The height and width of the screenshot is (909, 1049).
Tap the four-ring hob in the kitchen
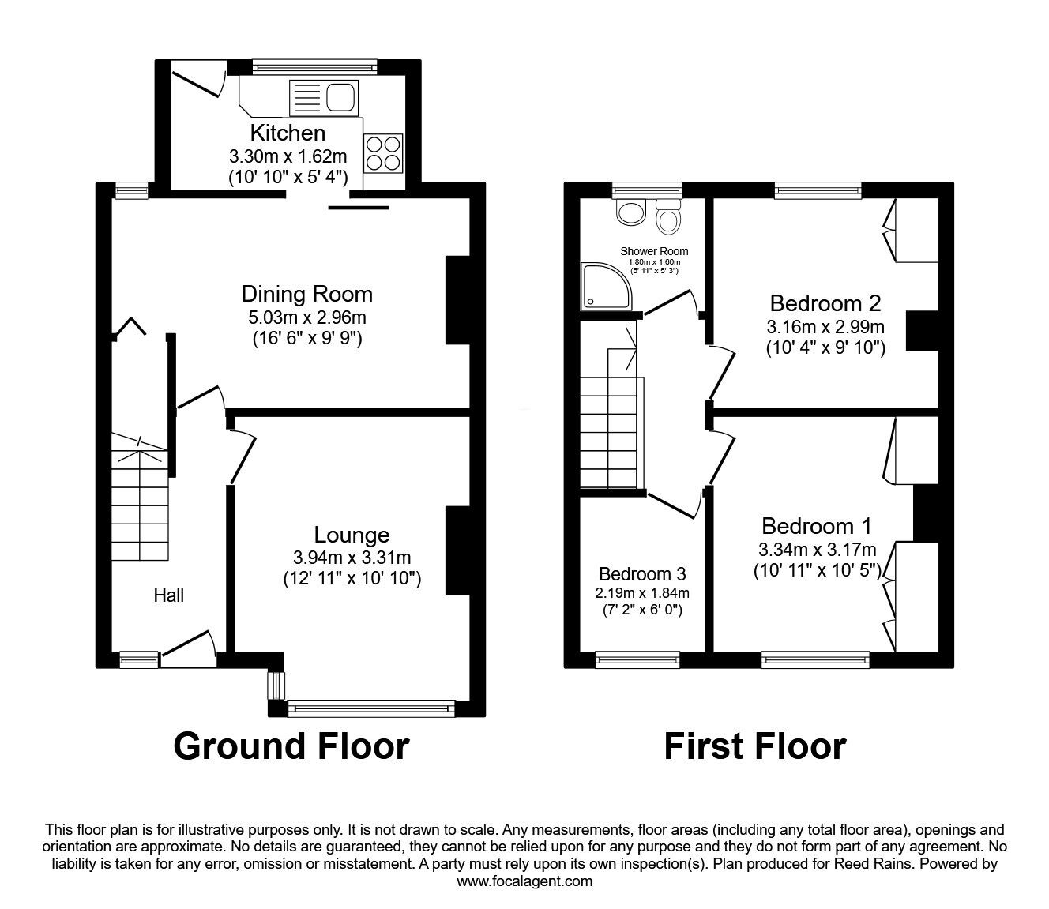click(x=382, y=152)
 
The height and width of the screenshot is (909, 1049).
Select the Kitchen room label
click(x=288, y=132)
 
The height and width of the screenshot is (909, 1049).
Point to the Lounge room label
click(x=352, y=535)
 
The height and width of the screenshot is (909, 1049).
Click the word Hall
click(x=168, y=595)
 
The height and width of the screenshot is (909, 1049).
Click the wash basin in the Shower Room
click(x=631, y=211)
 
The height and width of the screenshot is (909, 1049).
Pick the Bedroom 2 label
click(x=825, y=302)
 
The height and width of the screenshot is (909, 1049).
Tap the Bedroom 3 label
click(x=641, y=573)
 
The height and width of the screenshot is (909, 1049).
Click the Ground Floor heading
click(x=291, y=746)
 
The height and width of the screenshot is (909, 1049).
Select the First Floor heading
click(x=754, y=746)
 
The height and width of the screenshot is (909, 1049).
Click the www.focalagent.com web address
click(x=524, y=881)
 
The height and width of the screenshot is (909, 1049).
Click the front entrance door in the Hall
click(x=189, y=647)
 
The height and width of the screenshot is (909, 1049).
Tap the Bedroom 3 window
click(x=637, y=659)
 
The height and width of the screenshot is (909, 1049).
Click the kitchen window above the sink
click(x=314, y=67)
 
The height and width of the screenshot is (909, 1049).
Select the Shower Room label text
click(x=654, y=252)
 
